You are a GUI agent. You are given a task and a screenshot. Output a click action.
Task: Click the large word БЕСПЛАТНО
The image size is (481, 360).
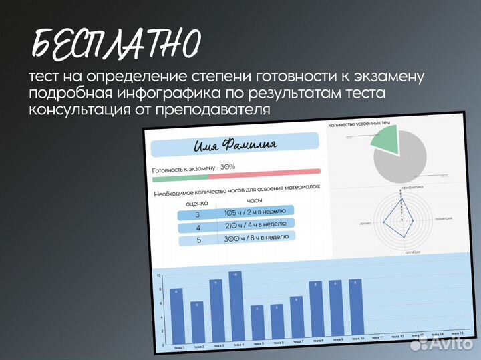pyautogui.click(x=116, y=45)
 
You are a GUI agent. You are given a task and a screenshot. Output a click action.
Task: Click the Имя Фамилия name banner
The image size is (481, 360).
pyautogui.click(x=234, y=144)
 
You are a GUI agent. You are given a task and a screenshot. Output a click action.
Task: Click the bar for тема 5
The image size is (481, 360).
pyautogui.click(x=257, y=325)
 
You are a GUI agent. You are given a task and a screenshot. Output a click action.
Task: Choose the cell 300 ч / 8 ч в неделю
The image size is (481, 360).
pyautogui.click(x=257, y=237)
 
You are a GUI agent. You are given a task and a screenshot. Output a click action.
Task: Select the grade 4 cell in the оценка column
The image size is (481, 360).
pyautogui.click(x=198, y=228)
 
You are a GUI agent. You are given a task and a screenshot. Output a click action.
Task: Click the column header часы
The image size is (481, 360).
pyautogui.click(x=254, y=200)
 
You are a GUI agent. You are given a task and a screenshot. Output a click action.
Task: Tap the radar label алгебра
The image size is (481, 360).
pyautogui.click(x=412, y=252)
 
